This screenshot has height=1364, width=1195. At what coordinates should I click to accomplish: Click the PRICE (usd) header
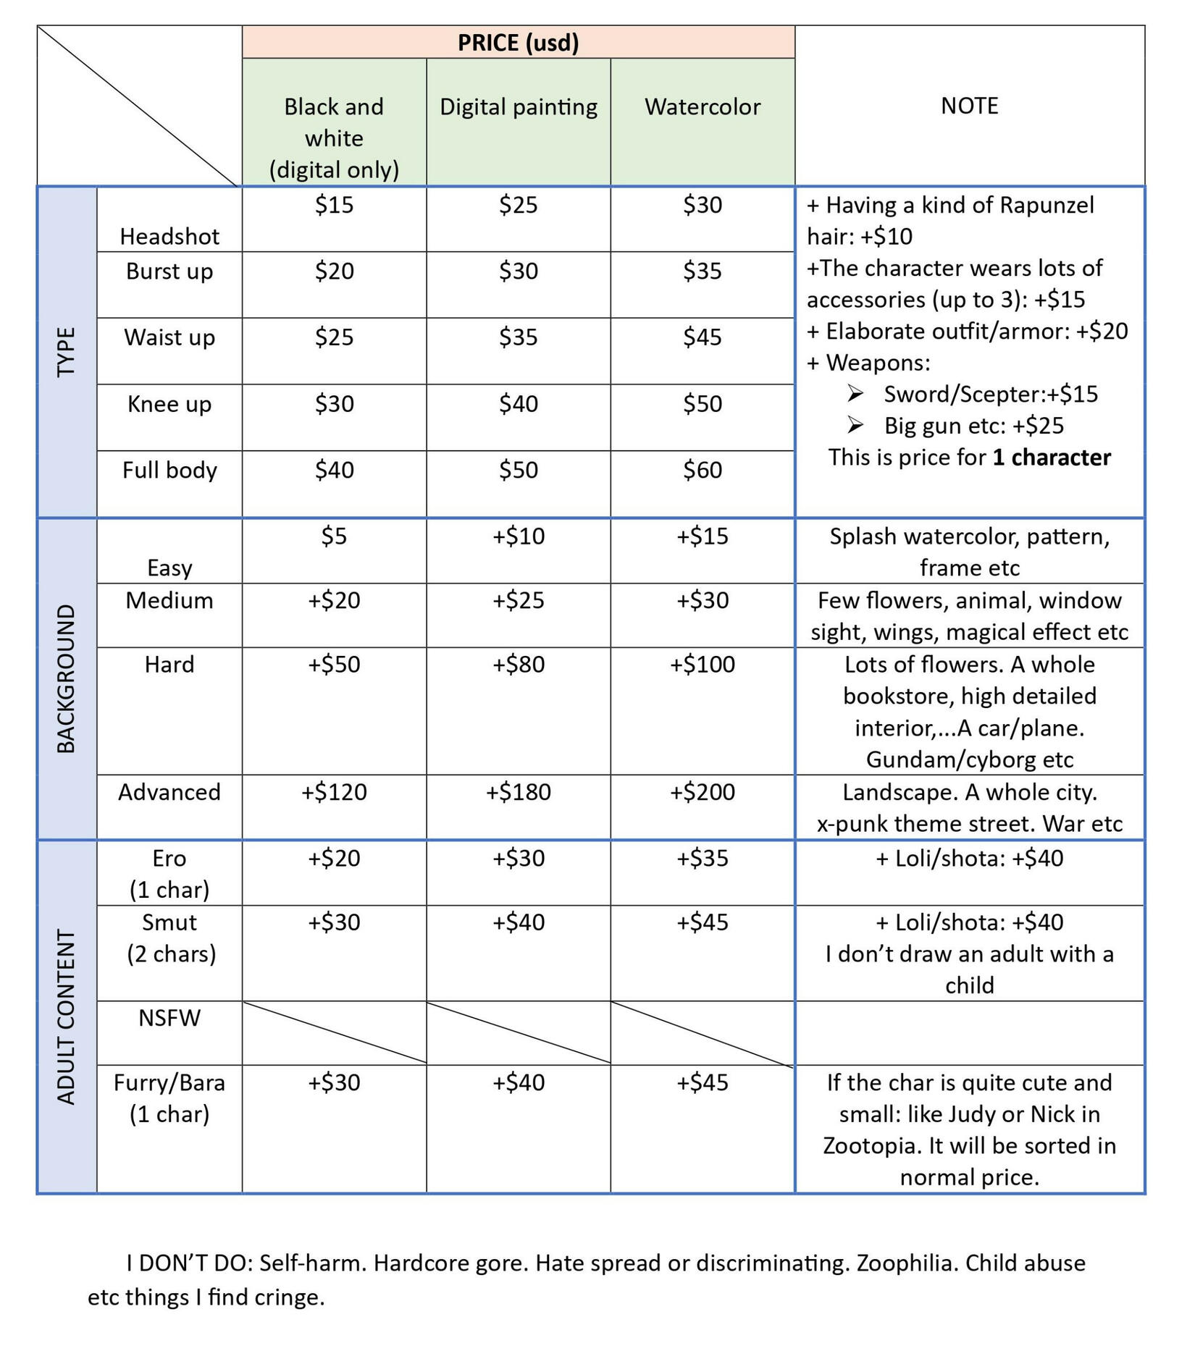click(518, 43)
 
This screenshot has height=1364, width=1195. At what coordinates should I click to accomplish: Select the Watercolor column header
click(702, 107)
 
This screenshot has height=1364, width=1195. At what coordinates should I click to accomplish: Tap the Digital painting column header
click(518, 107)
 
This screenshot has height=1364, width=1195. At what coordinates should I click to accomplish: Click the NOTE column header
click(969, 106)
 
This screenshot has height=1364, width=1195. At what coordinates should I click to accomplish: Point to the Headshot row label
click(169, 236)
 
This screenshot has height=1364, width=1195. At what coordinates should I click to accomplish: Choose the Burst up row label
click(169, 271)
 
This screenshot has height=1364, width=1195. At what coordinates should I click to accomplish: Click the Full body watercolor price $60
click(702, 470)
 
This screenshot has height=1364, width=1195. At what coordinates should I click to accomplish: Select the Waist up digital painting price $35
click(518, 337)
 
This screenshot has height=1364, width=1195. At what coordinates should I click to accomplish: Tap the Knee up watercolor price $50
click(702, 403)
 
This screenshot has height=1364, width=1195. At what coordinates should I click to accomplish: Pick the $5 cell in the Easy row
click(334, 536)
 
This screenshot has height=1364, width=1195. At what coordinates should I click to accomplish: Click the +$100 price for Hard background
click(702, 664)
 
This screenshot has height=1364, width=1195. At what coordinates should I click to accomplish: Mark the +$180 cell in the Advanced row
click(518, 791)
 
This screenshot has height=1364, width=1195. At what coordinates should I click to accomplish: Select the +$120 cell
click(334, 791)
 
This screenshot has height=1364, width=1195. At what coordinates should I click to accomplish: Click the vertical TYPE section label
click(67, 352)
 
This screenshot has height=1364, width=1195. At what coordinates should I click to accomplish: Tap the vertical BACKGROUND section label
click(67, 678)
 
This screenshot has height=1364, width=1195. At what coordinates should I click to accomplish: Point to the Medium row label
click(169, 600)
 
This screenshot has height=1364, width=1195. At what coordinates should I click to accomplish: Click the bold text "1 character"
click(1051, 458)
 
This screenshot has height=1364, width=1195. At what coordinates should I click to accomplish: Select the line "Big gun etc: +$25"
click(973, 426)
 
